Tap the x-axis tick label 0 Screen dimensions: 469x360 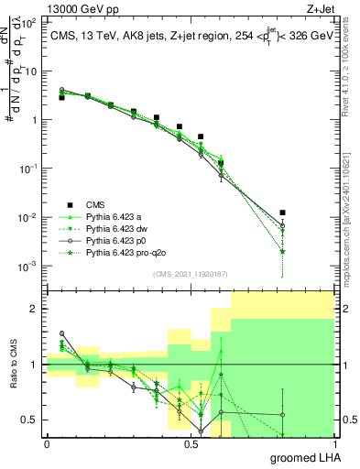47,443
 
